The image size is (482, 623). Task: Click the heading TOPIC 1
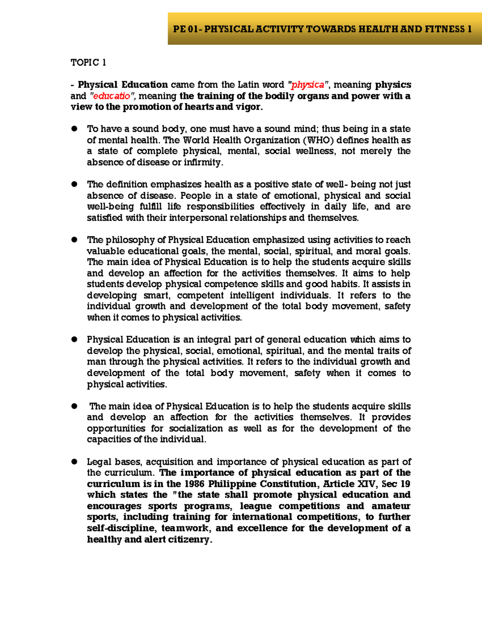click(x=88, y=63)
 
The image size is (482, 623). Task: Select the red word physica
click(x=308, y=85)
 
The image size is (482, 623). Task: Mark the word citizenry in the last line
click(x=189, y=540)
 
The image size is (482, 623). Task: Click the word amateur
click(x=390, y=506)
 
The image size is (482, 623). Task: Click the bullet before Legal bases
click(x=74, y=462)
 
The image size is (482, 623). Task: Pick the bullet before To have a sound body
click(x=74, y=129)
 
